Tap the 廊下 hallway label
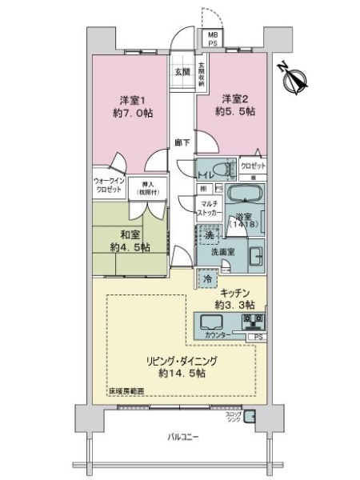tap(182, 143)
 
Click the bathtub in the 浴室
tap(243, 195)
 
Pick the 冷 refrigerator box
tap(208, 278)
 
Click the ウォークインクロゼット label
tap(107, 186)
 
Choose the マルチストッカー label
tap(210, 210)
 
